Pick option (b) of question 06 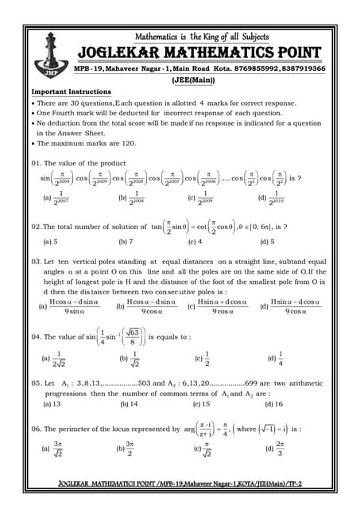tap(126, 449)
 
